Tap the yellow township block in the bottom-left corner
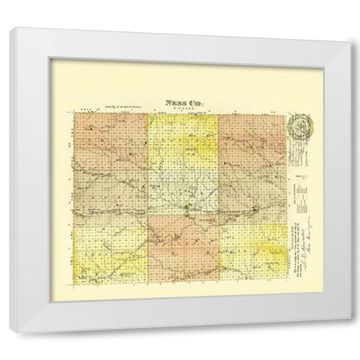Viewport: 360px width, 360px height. [111, 251]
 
